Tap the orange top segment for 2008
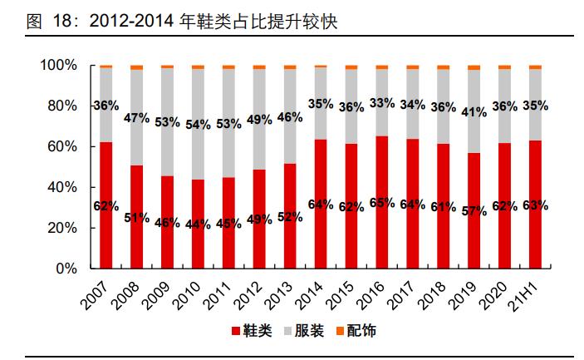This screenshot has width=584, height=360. (x=136, y=67)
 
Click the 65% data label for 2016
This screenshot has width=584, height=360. (x=383, y=202)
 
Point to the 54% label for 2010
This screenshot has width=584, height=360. (x=198, y=124)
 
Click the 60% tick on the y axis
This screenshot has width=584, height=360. (x=60, y=146)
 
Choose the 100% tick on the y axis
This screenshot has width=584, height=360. (x=56, y=65)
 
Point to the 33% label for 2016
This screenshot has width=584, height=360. (x=383, y=103)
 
